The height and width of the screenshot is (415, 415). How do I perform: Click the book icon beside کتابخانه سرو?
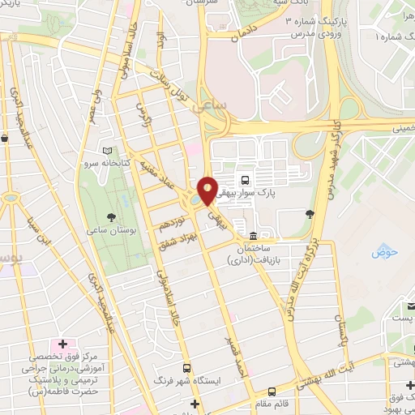pos(108,151)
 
